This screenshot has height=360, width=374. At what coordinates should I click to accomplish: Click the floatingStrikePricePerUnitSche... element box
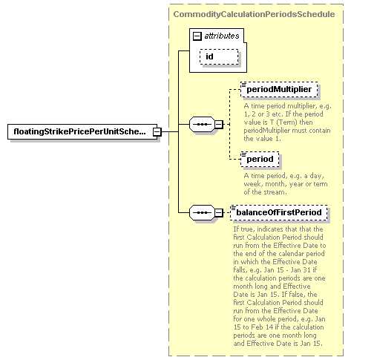click(82, 131)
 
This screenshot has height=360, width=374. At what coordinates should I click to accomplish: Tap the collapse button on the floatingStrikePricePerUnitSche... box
click(157, 132)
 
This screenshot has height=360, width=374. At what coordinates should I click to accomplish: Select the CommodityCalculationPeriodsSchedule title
click(254, 14)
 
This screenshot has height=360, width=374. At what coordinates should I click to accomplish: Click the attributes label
click(222, 36)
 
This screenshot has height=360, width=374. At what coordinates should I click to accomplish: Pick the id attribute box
click(219, 56)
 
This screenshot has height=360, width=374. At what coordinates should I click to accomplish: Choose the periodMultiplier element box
click(279, 89)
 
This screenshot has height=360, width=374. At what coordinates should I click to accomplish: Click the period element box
click(260, 159)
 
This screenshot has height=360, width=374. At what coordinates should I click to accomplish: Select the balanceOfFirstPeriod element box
click(279, 212)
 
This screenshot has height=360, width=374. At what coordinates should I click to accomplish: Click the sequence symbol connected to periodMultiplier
click(202, 124)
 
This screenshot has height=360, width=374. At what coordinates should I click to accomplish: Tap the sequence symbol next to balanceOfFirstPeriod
click(202, 212)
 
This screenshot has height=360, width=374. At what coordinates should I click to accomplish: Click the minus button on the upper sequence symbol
click(219, 124)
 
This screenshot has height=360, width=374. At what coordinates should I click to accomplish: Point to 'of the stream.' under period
click(265, 192)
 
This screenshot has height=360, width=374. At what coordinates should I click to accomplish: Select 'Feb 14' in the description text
click(262, 327)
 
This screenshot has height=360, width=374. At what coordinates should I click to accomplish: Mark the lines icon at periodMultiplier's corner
click(243, 85)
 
